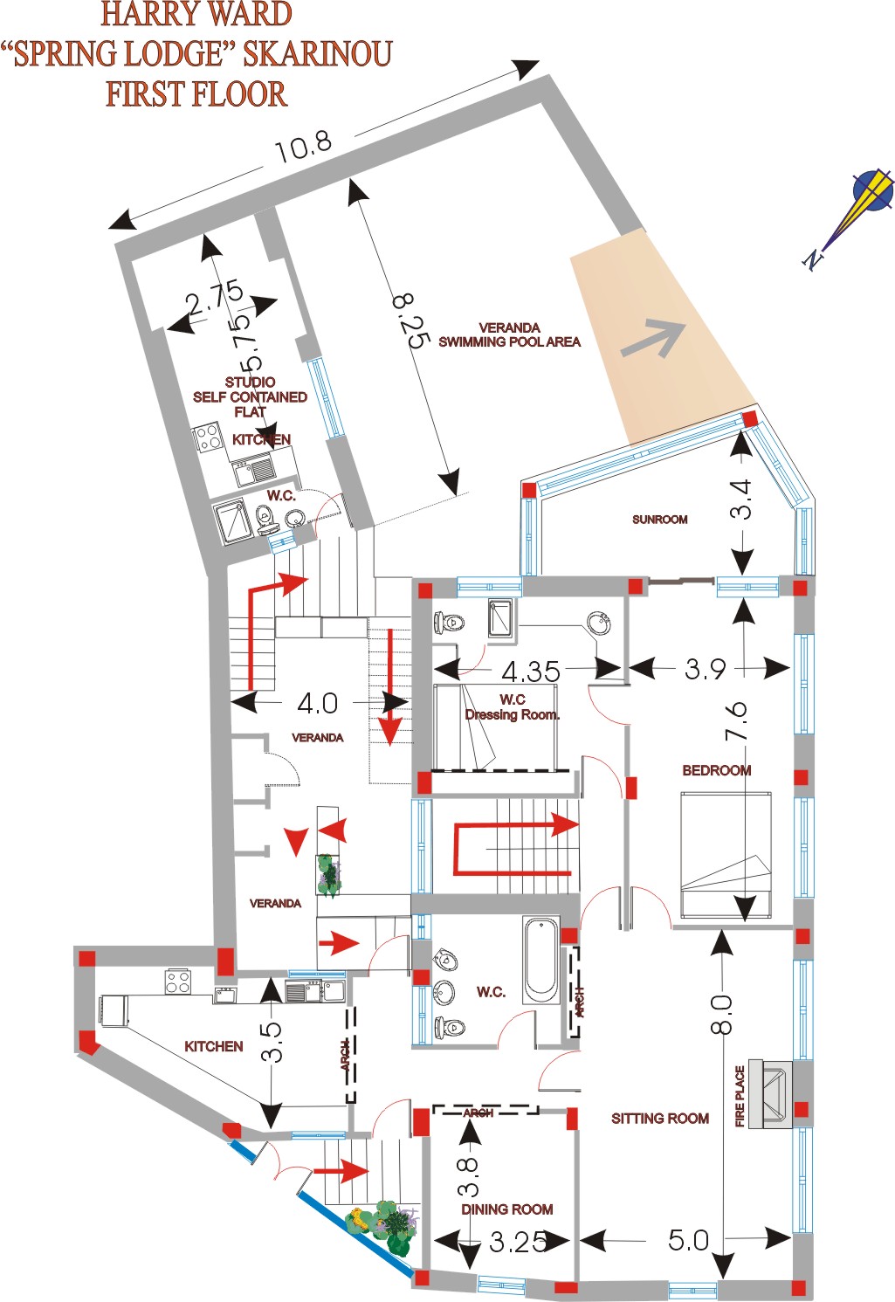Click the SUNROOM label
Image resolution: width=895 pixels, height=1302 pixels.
click(x=659, y=520)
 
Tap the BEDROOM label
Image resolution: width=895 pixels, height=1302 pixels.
click(x=716, y=770)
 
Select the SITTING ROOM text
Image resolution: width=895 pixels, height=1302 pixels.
click(x=659, y=1119)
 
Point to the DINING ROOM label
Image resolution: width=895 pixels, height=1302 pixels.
click(x=506, y=1209)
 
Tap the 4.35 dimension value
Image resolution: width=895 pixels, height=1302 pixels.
click(x=530, y=672)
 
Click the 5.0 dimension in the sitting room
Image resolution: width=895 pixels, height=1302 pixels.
click(x=688, y=1240)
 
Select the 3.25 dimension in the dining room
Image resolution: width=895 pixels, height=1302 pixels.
click(x=518, y=1242)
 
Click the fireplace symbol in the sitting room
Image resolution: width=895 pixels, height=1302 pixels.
click(x=769, y=1093)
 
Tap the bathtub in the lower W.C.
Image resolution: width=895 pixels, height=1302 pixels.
click(x=540, y=960)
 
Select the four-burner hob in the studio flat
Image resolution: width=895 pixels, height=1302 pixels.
click(x=209, y=437)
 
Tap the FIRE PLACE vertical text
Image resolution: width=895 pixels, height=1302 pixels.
click(x=740, y=1096)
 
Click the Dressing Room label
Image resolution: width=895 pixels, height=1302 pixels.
click(x=512, y=714)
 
